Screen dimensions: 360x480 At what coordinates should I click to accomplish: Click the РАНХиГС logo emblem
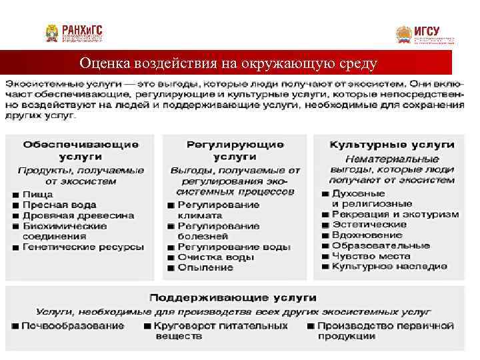point(52,33)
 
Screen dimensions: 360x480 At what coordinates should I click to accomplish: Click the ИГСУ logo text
point(427,31)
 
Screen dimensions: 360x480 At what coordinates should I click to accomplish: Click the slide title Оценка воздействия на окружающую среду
point(228,63)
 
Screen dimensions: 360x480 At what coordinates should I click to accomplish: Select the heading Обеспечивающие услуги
point(81,150)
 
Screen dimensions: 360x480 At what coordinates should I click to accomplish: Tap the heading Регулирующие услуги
point(235,150)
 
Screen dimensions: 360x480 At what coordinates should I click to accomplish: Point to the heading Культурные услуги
point(392,144)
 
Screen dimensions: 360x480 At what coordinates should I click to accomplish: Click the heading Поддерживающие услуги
point(233,297)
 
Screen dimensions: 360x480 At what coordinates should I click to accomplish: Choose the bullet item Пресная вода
point(59,205)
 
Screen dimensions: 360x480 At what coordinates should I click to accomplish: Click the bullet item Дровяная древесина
point(78,215)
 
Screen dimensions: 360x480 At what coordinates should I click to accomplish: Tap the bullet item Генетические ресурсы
point(83,247)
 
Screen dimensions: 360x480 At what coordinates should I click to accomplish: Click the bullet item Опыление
point(205,267)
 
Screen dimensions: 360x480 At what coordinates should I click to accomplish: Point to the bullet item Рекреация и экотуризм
point(395,215)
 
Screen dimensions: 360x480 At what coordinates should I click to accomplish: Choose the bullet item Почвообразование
point(72,326)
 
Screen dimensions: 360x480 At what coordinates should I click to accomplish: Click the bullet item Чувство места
point(371,256)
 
